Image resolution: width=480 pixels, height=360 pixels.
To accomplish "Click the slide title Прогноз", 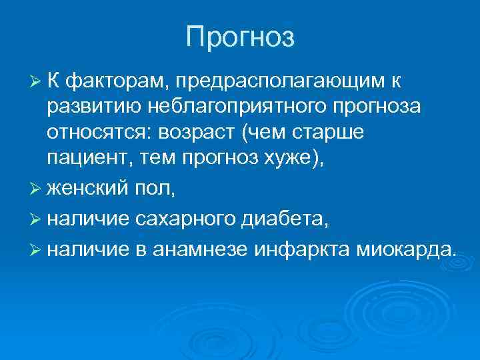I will point(240,37).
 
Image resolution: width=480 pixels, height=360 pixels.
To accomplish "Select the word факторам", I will point(117,81).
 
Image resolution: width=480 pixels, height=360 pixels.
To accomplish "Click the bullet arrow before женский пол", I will point(37,190).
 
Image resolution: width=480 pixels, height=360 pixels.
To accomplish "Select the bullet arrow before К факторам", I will point(37,81).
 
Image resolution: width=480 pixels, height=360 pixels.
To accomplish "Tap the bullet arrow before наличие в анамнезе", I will point(37,249).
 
